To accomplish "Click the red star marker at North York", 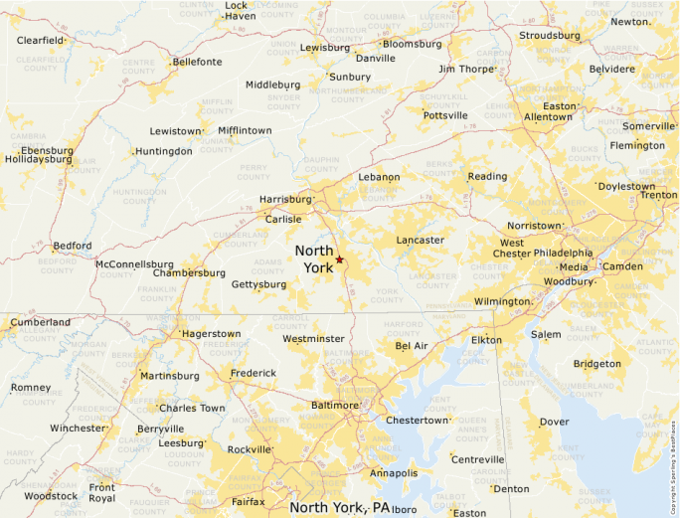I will click(339, 259).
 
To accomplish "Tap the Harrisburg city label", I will click(285, 199).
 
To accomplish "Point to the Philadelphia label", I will click(564, 253).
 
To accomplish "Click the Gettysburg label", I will click(258, 284).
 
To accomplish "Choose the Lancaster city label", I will click(420, 240).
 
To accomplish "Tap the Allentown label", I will click(548, 116).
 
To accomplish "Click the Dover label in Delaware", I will click(554, 422).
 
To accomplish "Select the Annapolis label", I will click(393, 473).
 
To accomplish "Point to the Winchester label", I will click(78, 429).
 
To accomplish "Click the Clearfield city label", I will click(41, 41).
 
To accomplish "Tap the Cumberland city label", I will click(40, 322).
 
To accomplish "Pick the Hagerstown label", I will click(212, 334).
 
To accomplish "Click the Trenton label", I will click(658, 195).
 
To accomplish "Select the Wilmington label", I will click(502, 301).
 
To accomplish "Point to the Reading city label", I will click(487, 176).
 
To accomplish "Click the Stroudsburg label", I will click(550, 36).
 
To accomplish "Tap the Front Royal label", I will click(101, 492).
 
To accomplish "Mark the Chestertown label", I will click(418, 421).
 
